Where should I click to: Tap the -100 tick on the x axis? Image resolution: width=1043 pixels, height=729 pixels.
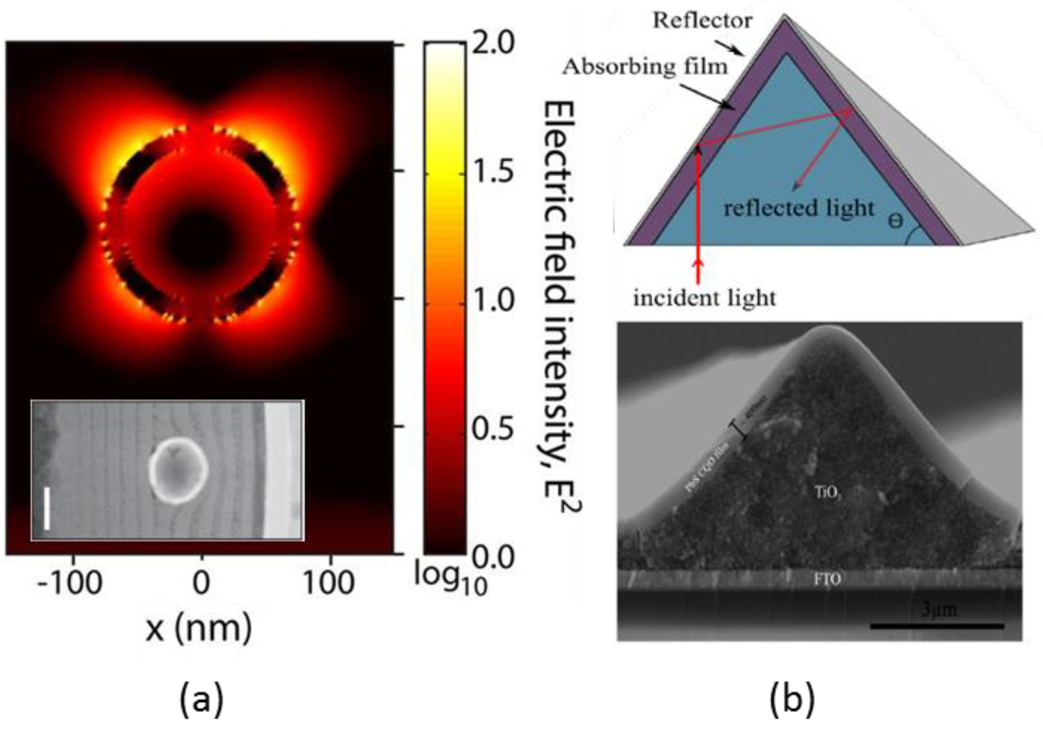[70, 583]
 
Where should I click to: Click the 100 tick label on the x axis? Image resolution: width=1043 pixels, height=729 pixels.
[328, 583]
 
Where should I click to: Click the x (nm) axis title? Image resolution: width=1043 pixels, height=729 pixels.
[199, 628]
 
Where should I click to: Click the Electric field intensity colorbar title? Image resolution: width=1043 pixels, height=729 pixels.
[560, 306]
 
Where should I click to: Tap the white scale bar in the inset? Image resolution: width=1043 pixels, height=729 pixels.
[47, 508]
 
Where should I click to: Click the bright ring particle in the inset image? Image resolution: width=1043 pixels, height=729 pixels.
[178, 471]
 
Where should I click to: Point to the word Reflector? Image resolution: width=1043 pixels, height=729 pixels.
[702, 21]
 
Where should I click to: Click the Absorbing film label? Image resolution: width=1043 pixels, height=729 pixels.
[644, 66]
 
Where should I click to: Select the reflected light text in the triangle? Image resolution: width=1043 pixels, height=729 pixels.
[799, 209]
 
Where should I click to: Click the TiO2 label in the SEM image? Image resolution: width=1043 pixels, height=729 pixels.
[827, 493]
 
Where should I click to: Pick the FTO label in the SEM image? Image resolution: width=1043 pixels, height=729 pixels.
[827, 579]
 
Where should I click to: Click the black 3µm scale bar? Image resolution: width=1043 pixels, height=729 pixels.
[937, 626]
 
